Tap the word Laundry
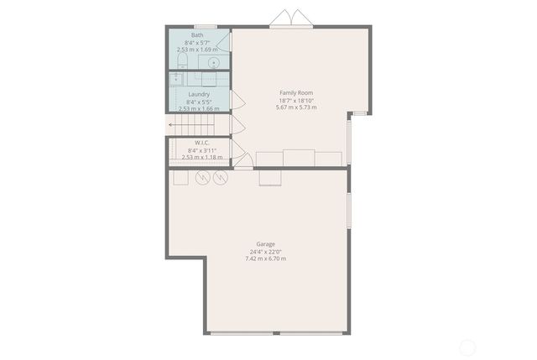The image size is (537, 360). pos(199,94)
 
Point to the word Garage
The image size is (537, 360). pos(265,243)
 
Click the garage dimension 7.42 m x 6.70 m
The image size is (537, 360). pos(265,258)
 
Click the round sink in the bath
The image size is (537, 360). pos(214,62)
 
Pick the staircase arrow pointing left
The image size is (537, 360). pos(173,125)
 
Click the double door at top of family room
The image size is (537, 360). pos(291,19)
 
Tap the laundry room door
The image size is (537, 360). pos(237,102)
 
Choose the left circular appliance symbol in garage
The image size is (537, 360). pos(202,178)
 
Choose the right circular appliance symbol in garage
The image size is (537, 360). pos(221,178)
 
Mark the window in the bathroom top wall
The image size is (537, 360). pos(206,26)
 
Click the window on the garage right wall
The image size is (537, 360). pos(349,210)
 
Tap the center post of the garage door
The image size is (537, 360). pos(276,333)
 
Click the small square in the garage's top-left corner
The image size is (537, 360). pos(180,178)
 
